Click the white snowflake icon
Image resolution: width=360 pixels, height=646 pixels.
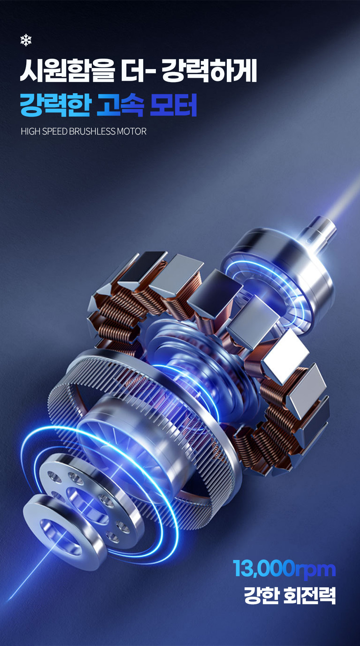pos(26,40)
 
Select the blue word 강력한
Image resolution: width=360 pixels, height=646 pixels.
pos(56,105)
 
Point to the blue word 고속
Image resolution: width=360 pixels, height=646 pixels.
pos(121,105)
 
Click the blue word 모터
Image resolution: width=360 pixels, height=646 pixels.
pos(174,105)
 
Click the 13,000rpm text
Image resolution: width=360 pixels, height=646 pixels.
pos(284,569)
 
